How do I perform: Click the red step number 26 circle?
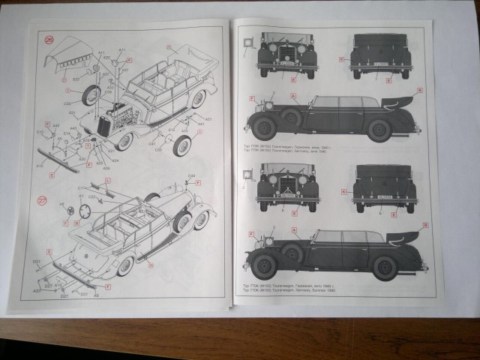tap(49, 40)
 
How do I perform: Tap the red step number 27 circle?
tap(49, 199)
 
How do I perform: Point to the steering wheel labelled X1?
tap(85, 211)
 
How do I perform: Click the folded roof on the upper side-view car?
tap(398, 100)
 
